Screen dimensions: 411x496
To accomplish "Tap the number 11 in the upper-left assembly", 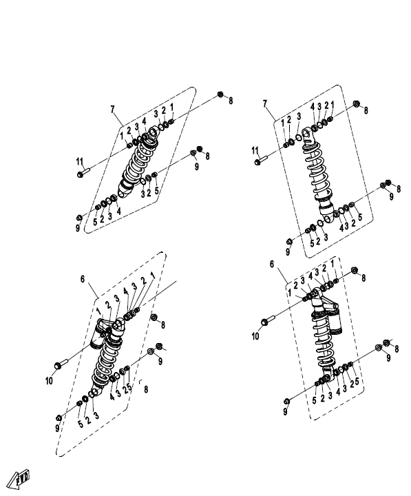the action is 80,162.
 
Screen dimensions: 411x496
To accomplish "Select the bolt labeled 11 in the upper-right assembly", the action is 261,160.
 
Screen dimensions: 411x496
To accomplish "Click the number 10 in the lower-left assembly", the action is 49,381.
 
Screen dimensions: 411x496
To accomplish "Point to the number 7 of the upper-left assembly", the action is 112,109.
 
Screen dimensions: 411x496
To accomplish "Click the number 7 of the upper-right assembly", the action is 265,103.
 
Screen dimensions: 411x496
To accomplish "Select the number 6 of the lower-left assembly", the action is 83,279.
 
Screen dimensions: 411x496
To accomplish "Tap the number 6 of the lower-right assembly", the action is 272,264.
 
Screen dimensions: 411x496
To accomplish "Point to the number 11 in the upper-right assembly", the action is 255,151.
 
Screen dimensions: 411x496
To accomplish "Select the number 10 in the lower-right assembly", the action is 255,335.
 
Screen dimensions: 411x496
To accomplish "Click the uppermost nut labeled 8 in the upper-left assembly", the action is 220,94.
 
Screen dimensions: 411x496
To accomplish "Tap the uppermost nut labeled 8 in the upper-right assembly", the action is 356,104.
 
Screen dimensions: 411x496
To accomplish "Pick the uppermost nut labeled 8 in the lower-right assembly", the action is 355,270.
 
